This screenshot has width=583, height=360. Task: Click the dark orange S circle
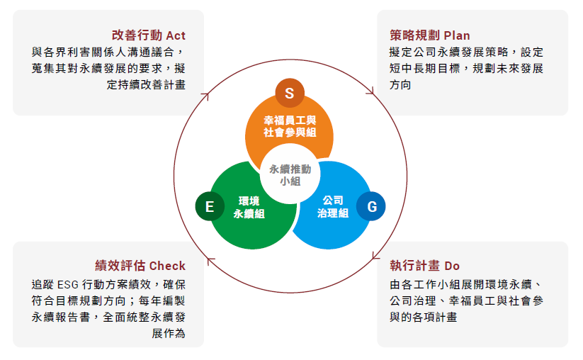(x=290, y=93)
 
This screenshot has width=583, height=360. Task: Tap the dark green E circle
(x=210, y=206)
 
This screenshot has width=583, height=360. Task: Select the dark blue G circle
(x=371, y=206)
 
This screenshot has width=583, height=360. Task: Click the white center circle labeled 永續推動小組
(x=290, y=174)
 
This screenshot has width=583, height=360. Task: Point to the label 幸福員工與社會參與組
(x=290, y=126)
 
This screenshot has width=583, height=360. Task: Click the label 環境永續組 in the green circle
(x=249, y=207)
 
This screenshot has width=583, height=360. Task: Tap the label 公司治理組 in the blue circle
(x=333, y=207)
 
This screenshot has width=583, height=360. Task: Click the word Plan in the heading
(x=457, y=35)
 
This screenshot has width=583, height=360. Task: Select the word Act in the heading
(x=176, y=35)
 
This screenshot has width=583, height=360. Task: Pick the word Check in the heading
(x=167, y=266)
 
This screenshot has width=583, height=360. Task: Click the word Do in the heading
(x=452, y=266)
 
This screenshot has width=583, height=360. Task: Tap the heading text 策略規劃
(x=414, y=35)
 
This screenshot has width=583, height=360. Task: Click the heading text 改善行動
(x=137, y=35)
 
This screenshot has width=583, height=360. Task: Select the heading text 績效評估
(x=120, y=266)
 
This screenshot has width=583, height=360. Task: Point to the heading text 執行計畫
(x=414, y=266)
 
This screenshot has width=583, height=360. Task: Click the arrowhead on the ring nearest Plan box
(x=370, y=91)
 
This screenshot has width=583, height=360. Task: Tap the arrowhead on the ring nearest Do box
(x=375, y=256)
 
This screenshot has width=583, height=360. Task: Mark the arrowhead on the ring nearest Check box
(x=210, y=261)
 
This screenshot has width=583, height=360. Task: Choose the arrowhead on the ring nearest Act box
(x=205, y=96)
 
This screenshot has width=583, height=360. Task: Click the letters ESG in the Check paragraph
(x=68, y=285)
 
